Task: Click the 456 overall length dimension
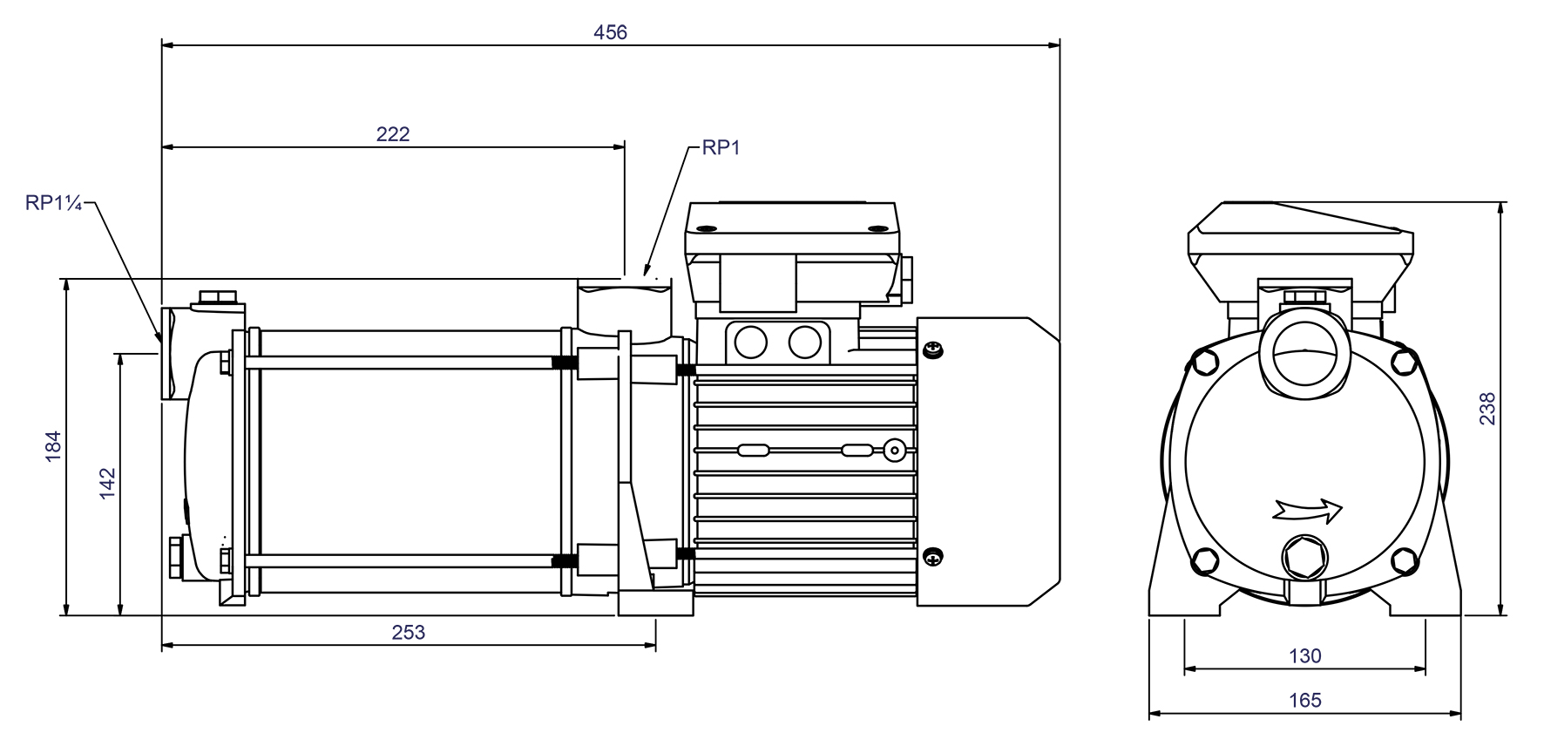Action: [610, 32]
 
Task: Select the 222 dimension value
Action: [392, 134]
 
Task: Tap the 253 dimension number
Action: [408, 632]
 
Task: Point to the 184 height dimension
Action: [54, 445]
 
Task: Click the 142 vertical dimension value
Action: [107, 484]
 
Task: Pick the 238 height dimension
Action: [1487, 409]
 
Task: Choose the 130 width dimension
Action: [1304, 655]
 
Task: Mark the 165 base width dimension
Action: [1304, 700]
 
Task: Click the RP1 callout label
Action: [721, 148]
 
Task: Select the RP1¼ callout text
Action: [53, 203]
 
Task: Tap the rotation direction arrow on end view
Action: [1308, 509]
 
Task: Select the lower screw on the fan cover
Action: [933, 557]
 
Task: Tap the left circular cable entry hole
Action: [750, 342]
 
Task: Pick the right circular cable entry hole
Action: [805, 342]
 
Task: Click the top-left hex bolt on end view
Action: [1206, 361]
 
